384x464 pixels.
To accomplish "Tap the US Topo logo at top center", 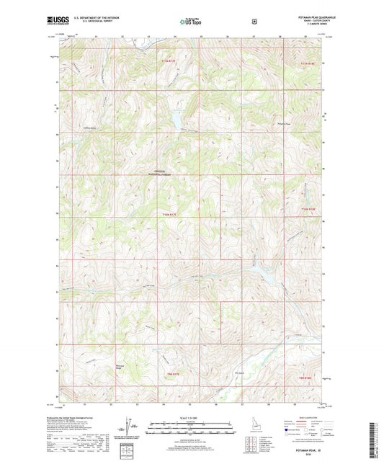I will tap(192, 22).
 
